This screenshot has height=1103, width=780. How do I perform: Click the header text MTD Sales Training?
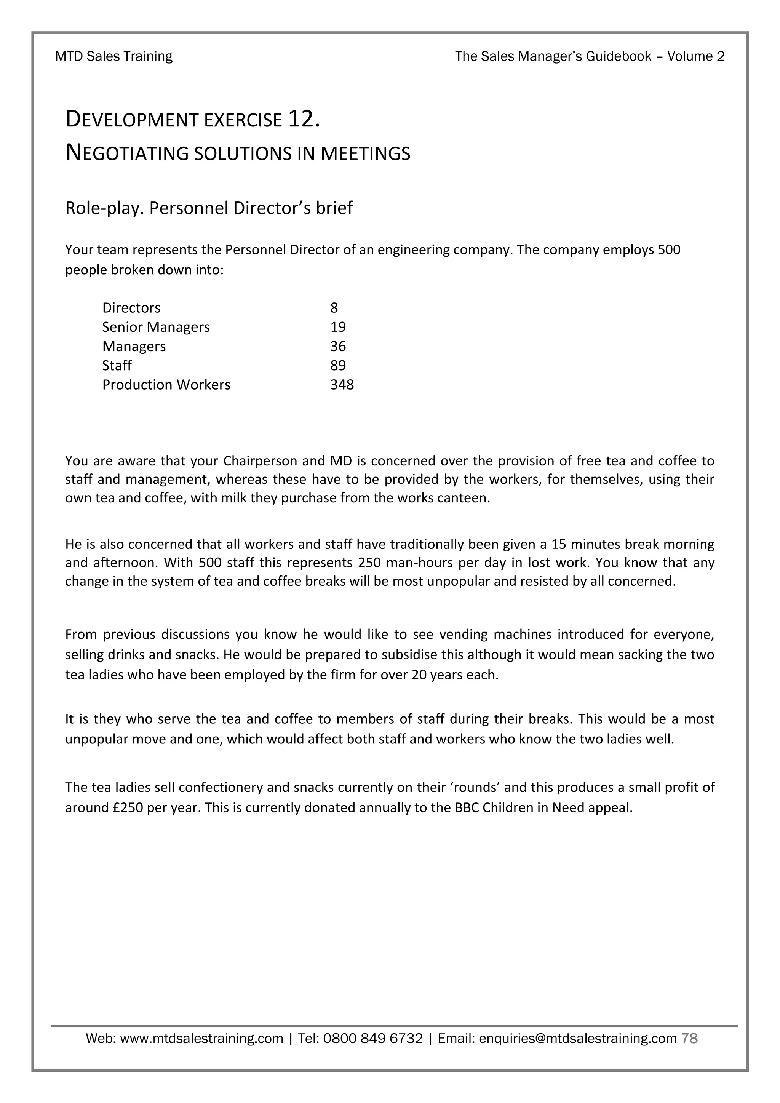coord(114,57)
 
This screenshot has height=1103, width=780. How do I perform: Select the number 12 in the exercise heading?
coord(302,119)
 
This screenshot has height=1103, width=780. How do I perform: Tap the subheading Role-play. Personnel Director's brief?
coord(209,208)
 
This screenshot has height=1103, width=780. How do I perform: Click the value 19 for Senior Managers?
coord(338,327)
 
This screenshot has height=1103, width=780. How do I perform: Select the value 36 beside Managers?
coord(338,346)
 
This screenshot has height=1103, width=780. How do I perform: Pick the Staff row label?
coord(117,365)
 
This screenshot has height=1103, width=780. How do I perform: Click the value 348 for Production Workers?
coord(342,384)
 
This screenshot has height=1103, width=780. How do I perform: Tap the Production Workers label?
coord(166,384)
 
